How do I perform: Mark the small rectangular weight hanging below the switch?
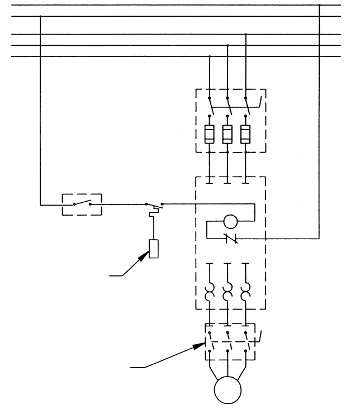tap(154, 248)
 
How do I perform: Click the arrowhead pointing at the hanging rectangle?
tap(147, 254)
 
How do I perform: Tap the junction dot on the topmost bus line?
tap(319, 6)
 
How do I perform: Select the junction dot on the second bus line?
tap(41, 16)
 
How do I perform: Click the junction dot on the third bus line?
tap(245, 35)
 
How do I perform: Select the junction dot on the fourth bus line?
tap(228, 45)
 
